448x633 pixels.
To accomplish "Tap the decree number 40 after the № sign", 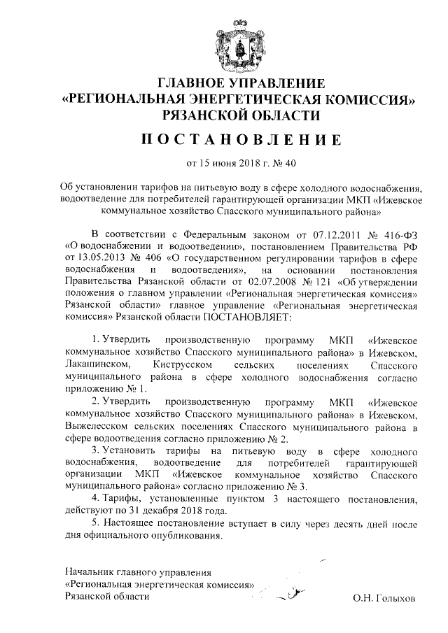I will pos(291,164).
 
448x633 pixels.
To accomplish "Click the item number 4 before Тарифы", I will pos(95,498).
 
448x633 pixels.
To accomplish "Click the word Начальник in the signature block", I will pos(87,573).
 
